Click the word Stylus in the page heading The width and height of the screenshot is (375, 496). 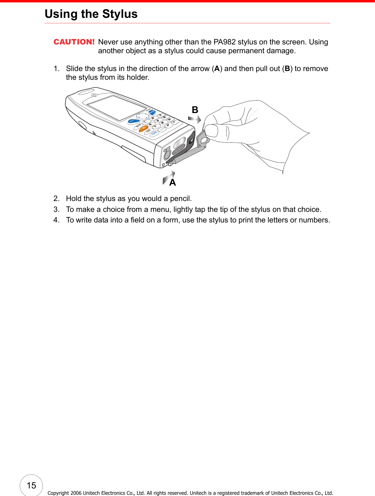pos(120,14)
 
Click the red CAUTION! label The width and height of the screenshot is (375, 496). pos(74,42)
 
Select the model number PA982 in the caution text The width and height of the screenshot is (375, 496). pos(224,42)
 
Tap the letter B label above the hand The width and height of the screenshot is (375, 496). pos(195,110)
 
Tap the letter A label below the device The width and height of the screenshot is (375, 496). pos(172,182)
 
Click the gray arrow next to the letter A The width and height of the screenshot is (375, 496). pos(168,178)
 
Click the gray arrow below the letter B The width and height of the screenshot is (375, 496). pos(195,119)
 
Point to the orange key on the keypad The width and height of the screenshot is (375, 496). pos(143,128)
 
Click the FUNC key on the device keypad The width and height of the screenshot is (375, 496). pos(154,133)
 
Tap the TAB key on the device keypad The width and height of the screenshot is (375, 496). pos(148,131)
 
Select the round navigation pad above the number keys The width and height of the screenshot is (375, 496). pos(142,116)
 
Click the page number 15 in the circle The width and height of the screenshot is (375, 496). pos(31,485)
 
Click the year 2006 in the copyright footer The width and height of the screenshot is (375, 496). pos(76,493)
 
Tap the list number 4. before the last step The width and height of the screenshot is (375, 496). pos(57,220)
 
